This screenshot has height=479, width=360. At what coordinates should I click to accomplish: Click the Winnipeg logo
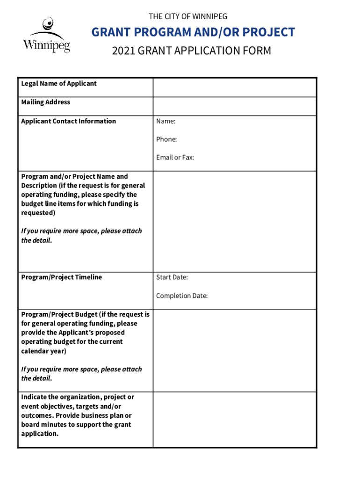[x=46, y=35]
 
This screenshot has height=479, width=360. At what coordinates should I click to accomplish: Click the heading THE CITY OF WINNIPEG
[x=188, y=17]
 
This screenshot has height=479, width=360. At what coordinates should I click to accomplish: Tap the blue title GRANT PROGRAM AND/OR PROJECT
[x=193, y=32]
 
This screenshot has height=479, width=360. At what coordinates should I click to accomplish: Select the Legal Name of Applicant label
[x=59, y=84]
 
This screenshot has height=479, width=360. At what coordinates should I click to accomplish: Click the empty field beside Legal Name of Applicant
[x=234, y=87]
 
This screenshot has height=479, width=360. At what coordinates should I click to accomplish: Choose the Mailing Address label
[x=45, y=102]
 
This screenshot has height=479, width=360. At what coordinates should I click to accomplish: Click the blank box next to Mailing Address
[x=234, y=106]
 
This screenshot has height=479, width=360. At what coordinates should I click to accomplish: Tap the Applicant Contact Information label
[x=68, y=121]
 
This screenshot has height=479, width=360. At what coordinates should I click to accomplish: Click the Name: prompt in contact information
[x=166, y=121]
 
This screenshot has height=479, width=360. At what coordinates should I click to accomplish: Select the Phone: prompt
[x=166, y=139]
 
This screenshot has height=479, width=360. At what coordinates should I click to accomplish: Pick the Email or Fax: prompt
[x=175, y=158]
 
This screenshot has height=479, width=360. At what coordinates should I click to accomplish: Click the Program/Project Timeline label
[x=61, y=277]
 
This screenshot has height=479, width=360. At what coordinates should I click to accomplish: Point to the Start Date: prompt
[x=172, y=277]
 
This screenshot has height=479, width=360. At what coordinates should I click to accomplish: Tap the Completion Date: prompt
[x=182, y=296]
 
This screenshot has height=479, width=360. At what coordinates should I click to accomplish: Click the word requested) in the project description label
[x=38, y=213]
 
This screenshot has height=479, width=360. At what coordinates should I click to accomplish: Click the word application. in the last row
[x=40, y=434]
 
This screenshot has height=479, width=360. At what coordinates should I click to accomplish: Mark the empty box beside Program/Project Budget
[x=234, y=350]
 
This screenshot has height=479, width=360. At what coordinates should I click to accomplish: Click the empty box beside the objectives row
[x=234, y=419]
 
